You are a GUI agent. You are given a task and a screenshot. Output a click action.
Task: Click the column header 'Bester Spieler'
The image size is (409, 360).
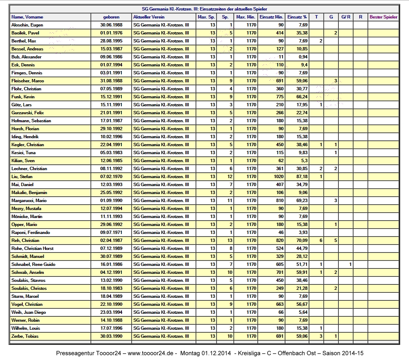(x=383, y=17)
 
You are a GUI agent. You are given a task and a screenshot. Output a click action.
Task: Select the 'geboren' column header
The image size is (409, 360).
(x=111, y=17)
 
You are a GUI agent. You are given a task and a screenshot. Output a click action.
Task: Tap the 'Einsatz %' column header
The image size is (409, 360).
(x=297, y=17)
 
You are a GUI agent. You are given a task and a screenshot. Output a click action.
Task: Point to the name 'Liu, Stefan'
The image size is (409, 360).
(x=21, y=176)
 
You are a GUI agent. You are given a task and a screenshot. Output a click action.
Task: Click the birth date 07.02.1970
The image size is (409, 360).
(x=111, y=176)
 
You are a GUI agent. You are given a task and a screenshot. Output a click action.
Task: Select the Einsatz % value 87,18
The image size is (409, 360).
(x=301, y=176)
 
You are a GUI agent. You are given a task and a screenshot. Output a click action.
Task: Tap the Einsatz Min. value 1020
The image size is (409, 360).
(x=278, y=176)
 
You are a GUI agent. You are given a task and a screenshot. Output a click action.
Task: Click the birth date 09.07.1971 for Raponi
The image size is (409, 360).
(x=111, y=232)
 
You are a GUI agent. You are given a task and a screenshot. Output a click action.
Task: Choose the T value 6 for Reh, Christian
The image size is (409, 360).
(x=321, y=240)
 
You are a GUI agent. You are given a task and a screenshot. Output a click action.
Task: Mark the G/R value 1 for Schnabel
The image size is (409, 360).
(x=350, y=264)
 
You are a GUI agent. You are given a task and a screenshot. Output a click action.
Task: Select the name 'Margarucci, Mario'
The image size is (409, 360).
(x=29, y=200)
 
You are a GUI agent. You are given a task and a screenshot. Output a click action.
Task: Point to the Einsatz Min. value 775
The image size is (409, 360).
(x=279, y=97)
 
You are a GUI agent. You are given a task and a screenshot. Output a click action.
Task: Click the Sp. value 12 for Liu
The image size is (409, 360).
(x=230, y=176)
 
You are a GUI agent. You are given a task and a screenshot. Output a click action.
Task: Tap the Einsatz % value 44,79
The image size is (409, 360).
(x=301, y=248)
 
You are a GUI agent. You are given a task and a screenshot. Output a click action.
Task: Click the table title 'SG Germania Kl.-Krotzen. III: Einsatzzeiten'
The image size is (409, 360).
(x=204, y=9)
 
